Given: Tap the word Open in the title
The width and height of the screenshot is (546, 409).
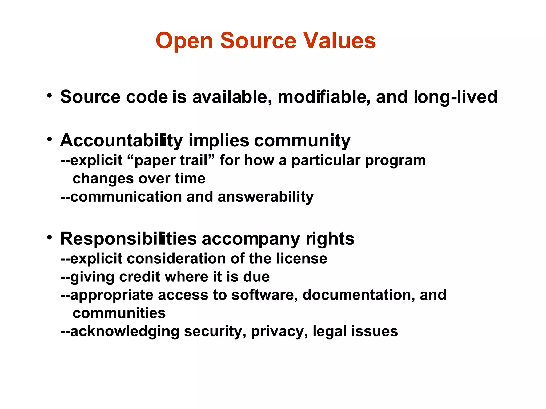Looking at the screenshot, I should [x=184, y=41].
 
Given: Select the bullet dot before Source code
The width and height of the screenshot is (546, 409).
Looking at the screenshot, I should [x=49, y=96].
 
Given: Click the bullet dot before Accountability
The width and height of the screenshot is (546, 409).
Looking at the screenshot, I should [x=49, y=139].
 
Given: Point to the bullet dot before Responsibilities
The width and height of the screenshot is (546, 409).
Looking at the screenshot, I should [x=49, y=237].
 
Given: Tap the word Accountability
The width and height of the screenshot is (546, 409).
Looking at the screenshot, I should [x=122, y=141].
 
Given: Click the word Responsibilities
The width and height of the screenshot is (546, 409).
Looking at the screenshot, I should [x=129, y=239].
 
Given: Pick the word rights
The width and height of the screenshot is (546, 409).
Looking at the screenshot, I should [x=330, y=239].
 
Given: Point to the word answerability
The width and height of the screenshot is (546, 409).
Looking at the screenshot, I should [x=266, y=197].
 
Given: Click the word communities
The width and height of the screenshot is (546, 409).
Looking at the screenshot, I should [x=119, y=313].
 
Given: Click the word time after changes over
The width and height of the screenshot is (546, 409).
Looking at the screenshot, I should [x=190, y=179].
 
